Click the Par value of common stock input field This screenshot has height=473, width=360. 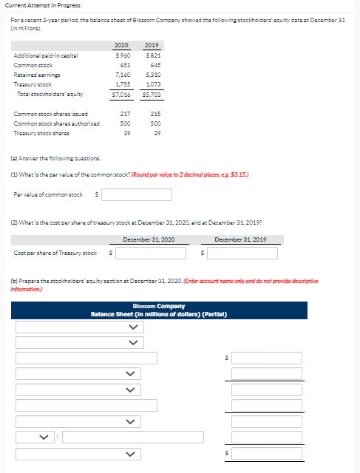(137, 195)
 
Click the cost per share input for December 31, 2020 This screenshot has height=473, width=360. (150, 253)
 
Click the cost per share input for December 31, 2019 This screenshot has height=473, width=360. (242, 253)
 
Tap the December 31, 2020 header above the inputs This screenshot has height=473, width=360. (149, 239)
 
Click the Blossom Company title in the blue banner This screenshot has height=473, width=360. (159, 306)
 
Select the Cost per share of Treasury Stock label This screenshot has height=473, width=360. (55, 253)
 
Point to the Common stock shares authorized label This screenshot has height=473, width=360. (50, 123)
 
